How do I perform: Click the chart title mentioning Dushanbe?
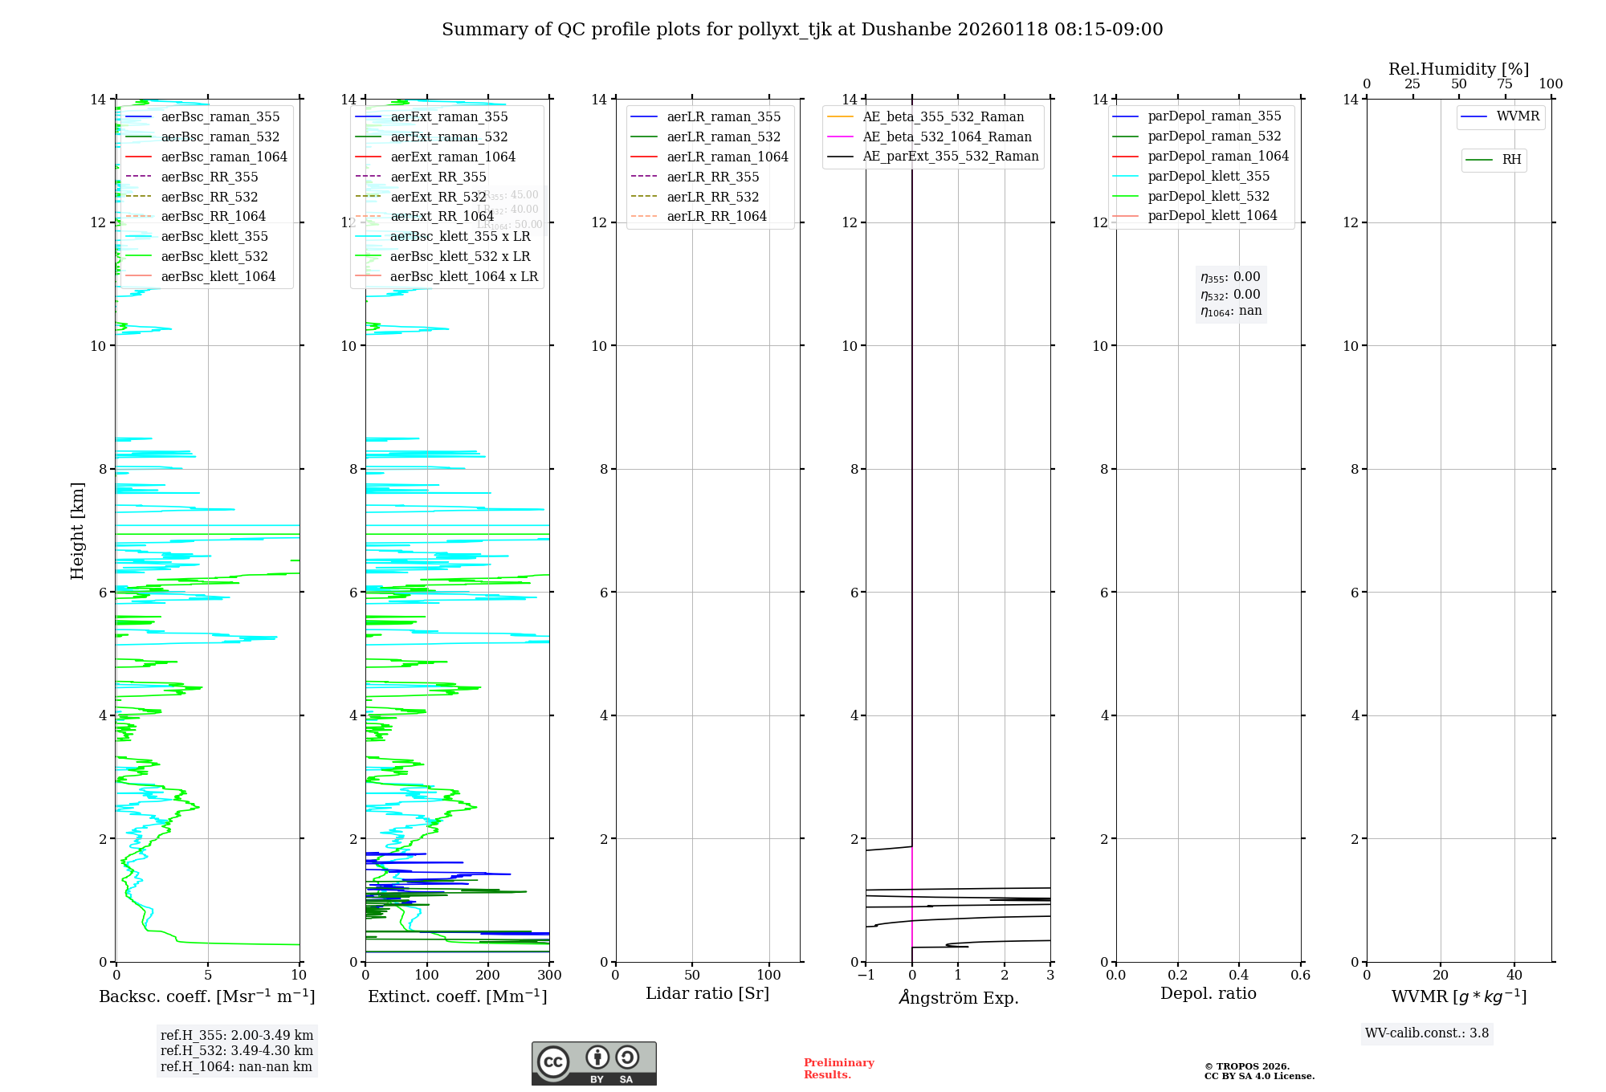(802, 30)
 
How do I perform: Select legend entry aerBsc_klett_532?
(214, 256)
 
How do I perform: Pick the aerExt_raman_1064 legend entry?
(452, 157)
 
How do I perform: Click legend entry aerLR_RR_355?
(712, 177)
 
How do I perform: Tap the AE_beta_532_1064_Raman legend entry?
(947, 136)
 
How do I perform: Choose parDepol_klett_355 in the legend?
(1209, 176)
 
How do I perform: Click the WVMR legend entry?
(1517, 116)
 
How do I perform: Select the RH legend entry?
(1511, 160)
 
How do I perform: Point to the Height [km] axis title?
(77, 530)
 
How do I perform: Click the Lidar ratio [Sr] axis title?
(707, 993)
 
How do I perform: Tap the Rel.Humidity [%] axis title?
(1458, 69)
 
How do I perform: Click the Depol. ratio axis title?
(1208, 993)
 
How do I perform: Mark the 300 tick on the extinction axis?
(550, 976)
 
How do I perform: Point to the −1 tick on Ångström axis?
(866, 976)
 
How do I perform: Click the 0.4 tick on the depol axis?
(1239, 976)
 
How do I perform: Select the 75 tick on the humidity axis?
(1505, 84)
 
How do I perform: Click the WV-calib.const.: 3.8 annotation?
(1427, 1033)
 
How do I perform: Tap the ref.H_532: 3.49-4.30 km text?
(237, 1050)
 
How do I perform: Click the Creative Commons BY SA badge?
(593, 1063)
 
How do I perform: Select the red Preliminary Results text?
(838, 1069)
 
